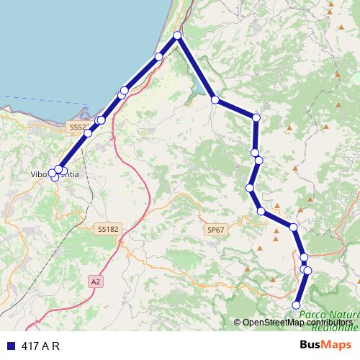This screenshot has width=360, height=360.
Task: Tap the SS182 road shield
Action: (107, 229)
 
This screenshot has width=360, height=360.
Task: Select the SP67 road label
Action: (215, 229)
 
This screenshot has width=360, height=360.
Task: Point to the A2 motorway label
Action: (96, 282)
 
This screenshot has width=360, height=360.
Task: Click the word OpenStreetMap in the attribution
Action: (274, 323)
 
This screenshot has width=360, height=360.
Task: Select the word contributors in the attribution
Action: (330, 323)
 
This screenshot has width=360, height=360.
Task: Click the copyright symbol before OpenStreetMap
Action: (238, 323)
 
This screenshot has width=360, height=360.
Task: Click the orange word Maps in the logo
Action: (338, 345)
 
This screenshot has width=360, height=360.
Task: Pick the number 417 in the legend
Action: (30, 346)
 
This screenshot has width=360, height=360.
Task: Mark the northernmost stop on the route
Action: (177, 35)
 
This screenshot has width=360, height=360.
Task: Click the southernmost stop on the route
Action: (296, 305)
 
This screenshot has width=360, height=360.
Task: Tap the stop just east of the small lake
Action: (215, 99)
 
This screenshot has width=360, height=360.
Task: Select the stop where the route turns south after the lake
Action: (256, 117)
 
